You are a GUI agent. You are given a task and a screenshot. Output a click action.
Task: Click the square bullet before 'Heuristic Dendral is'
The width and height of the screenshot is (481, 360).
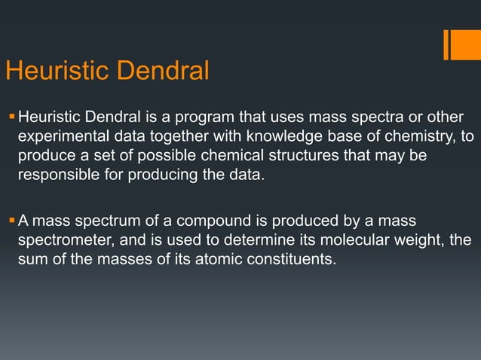tap(11, 117)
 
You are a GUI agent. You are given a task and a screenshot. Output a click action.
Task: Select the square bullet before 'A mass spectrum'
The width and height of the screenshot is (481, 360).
tap(11, 220)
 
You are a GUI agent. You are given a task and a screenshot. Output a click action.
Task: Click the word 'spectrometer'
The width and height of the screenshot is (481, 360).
tap(63, 240)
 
